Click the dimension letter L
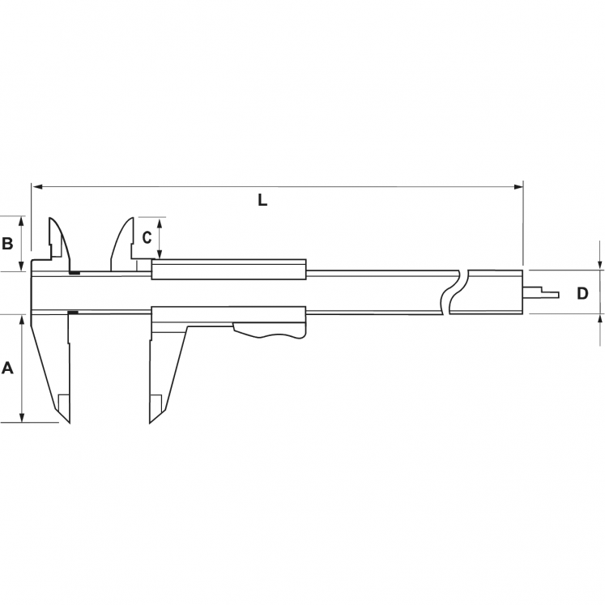coord(262,200)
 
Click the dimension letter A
coord(8,369)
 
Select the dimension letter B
coord(6,243)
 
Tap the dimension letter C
coord(147,237)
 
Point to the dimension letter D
coord(582,293)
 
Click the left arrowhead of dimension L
coord(36,187)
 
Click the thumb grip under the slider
coord(271,330)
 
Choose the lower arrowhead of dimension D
coord(600,318)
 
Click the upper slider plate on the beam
coord(229,269)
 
